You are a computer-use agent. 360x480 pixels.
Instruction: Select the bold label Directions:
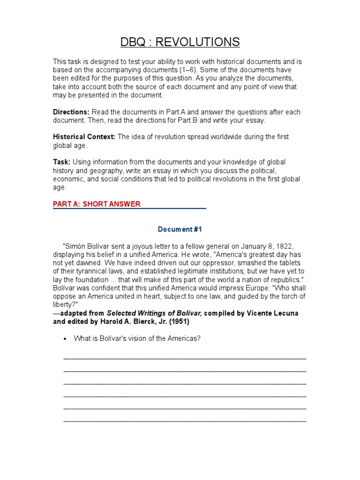(x=71, y=112)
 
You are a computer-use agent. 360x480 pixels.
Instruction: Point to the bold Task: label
(x=61, y=162)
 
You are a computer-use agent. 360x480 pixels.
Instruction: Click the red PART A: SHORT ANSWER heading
(x=97, y=204)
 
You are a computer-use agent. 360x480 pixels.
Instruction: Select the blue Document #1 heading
(x=180, y=229)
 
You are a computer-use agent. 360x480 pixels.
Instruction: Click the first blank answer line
(x=184, y=358)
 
